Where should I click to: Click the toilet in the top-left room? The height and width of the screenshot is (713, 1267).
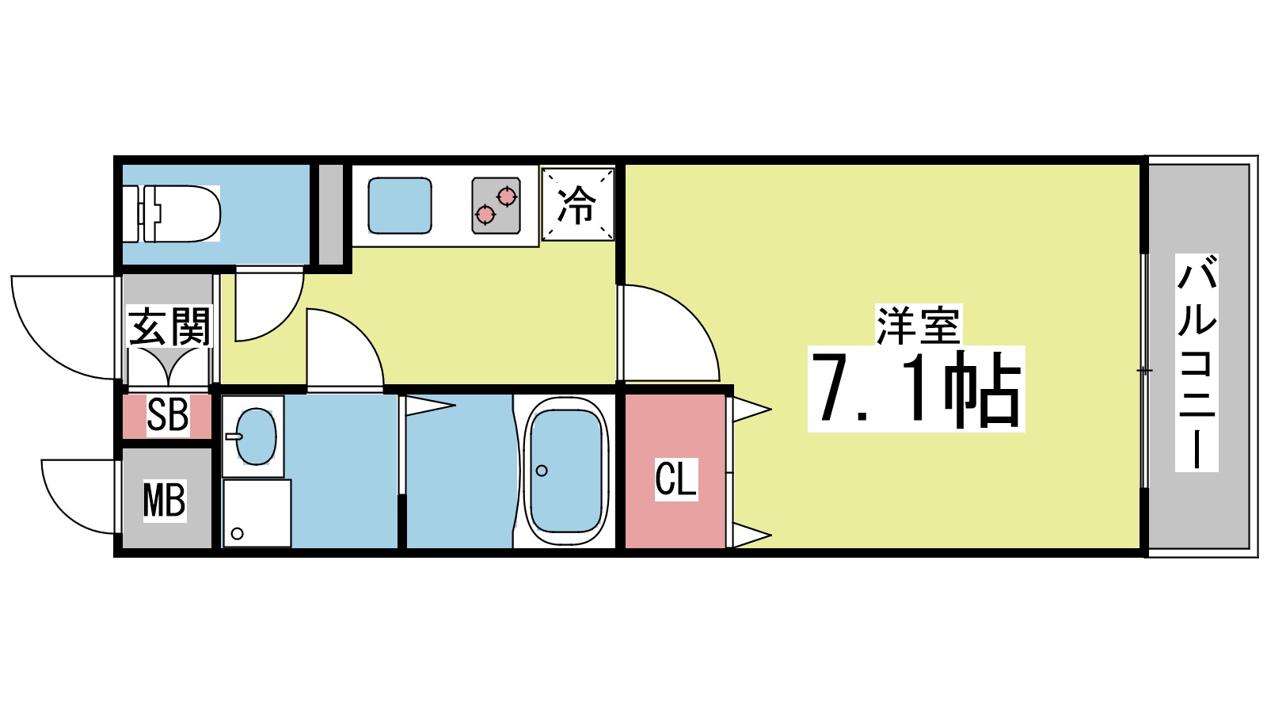178,213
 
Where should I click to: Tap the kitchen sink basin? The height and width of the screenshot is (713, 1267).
400,205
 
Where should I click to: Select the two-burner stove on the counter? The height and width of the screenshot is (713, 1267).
496,205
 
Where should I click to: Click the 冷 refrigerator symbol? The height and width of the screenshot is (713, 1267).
577,204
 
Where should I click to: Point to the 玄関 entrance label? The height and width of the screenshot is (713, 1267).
169,326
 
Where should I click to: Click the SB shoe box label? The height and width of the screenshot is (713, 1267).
168,414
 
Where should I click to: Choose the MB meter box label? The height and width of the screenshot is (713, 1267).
165,500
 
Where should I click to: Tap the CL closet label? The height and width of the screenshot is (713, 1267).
675,479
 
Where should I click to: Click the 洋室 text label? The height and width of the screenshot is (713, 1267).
918,325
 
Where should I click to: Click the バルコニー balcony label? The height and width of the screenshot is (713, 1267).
1196,362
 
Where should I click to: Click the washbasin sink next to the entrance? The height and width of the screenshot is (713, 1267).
255,437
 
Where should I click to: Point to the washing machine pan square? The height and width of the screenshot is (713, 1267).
257,513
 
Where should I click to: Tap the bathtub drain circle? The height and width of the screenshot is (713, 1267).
542,471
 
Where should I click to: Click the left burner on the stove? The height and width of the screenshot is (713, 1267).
485,213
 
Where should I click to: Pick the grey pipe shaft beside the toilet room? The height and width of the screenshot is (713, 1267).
331,214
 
